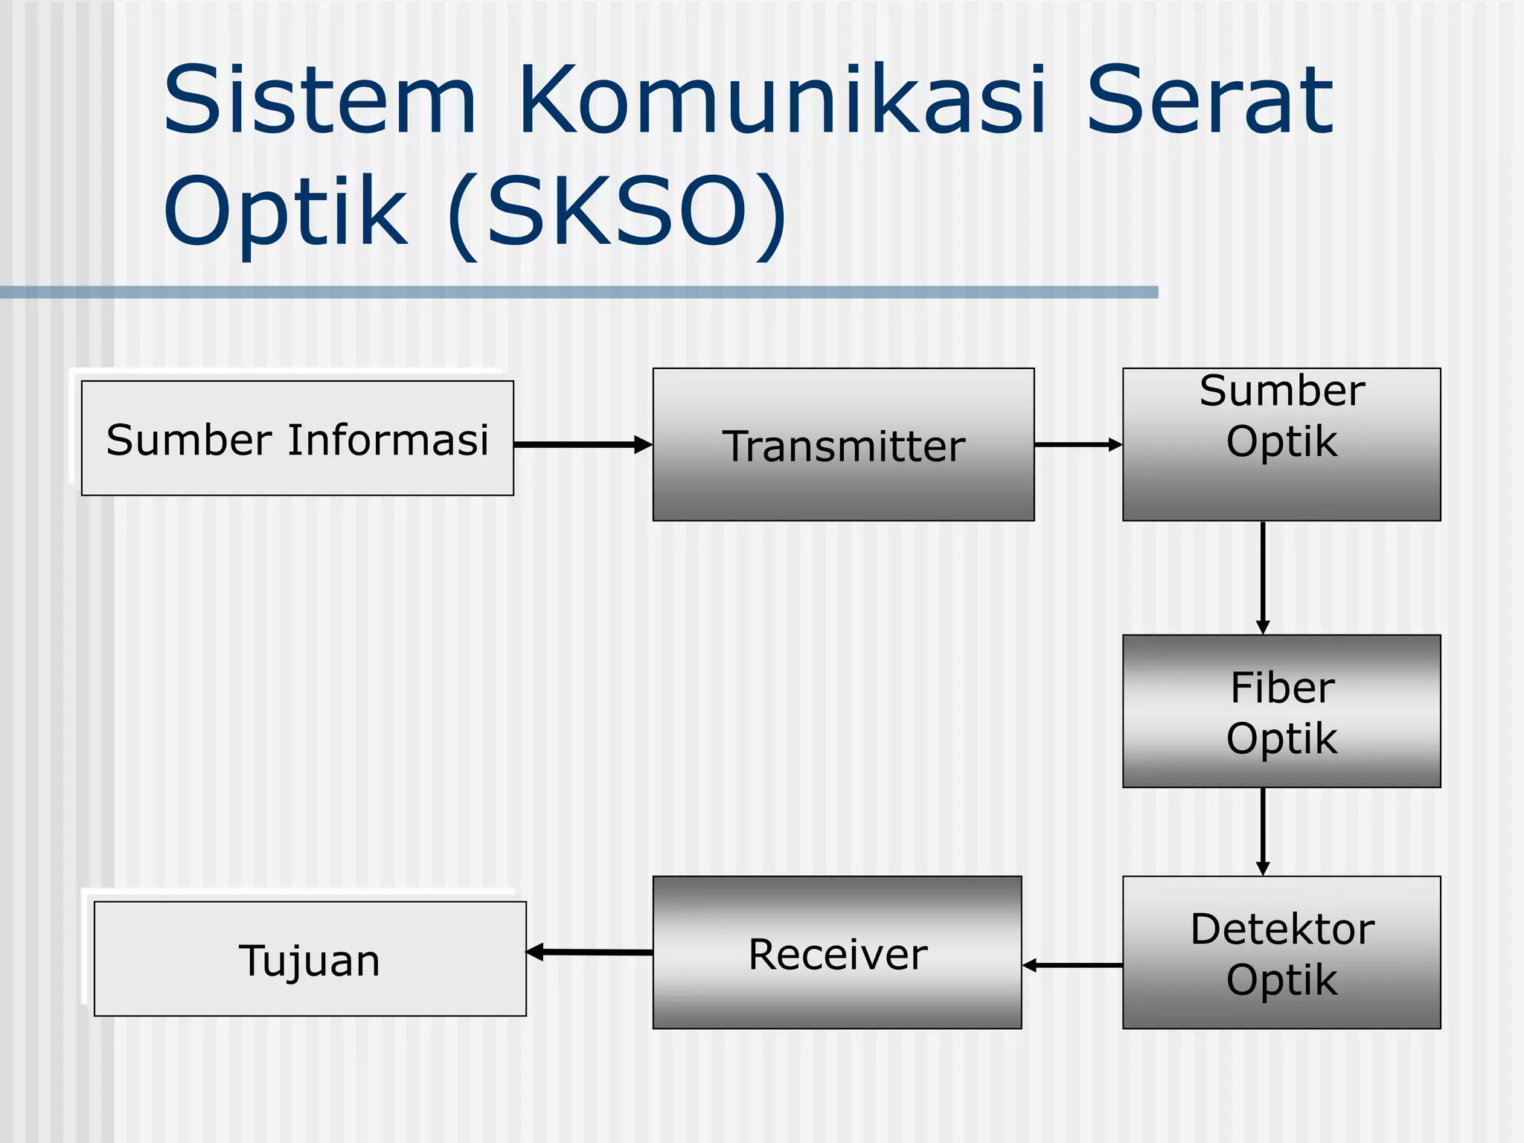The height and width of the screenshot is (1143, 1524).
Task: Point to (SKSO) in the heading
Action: point(616,212)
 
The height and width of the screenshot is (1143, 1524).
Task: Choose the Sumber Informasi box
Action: point(297,438)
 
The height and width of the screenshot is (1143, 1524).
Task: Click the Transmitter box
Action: point(843,445)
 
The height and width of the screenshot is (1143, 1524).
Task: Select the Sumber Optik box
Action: point(1281,445)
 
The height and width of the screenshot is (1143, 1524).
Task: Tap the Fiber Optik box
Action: point(1281,711)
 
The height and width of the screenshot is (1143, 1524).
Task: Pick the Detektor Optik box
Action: point(1281,952)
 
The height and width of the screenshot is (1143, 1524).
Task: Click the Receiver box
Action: point(837,952)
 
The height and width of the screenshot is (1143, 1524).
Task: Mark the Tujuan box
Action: point(310,958)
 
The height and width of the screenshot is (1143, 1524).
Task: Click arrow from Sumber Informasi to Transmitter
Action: point(582,445)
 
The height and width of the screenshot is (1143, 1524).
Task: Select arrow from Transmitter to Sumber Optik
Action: point(1078,445)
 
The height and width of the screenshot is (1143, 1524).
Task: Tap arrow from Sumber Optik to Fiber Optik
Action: point(1263,577)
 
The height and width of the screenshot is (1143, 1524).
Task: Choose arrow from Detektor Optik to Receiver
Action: point(1072,965)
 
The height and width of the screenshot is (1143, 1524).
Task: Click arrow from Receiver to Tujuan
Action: point(589,952)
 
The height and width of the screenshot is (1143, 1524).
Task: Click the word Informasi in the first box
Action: point(388,439)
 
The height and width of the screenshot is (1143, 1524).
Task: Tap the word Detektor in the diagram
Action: point(1281,929)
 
